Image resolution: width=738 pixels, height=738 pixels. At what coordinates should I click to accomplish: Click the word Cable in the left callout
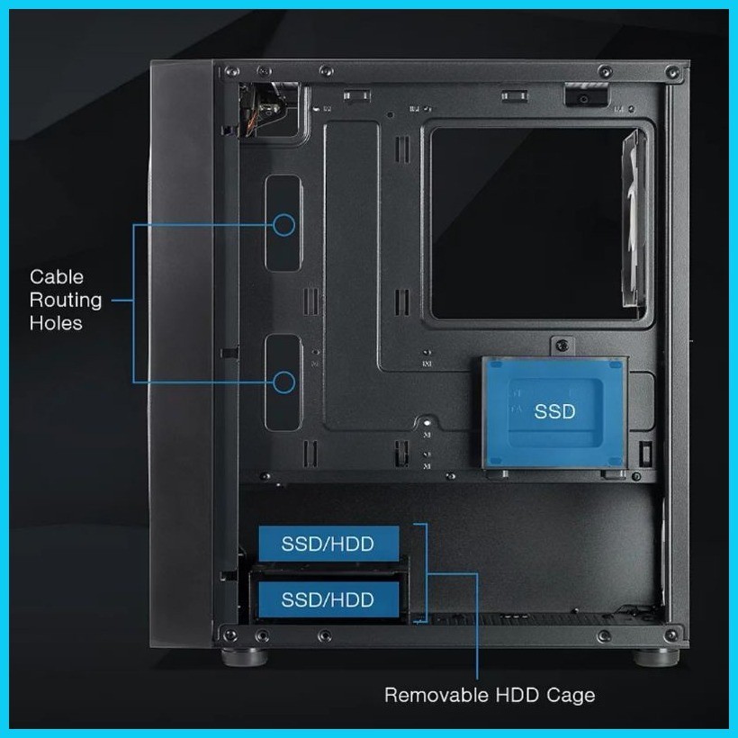point(57,277)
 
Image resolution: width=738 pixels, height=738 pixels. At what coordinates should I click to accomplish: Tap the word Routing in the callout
point(66,301)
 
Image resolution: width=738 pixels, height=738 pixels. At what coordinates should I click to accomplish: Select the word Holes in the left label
point(56,323)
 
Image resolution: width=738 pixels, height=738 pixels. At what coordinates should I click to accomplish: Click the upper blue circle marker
point(283,225)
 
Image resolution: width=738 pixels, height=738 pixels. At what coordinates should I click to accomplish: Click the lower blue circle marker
point(283,382)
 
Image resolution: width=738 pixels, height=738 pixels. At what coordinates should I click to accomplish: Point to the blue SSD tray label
point(554,412)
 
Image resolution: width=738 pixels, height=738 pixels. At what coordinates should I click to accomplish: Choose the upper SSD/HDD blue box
point(328,544)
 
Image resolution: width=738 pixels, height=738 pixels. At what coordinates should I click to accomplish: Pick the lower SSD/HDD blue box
point(328,599)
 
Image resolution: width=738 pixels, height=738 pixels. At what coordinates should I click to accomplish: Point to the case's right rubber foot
point(655,657)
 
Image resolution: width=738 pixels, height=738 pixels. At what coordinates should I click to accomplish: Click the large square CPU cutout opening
point(532,223)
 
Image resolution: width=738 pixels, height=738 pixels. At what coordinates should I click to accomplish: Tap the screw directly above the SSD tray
point(562,346)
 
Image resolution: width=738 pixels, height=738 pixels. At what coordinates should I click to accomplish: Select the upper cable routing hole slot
point(283,223)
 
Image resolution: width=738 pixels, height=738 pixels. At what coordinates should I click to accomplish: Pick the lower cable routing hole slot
point(283,382)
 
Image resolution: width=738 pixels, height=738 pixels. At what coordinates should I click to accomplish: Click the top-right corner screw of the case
point(673,72)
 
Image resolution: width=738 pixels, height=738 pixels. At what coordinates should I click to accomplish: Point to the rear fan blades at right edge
point(634,219)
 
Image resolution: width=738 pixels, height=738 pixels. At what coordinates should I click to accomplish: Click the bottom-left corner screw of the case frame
point(230,634)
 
